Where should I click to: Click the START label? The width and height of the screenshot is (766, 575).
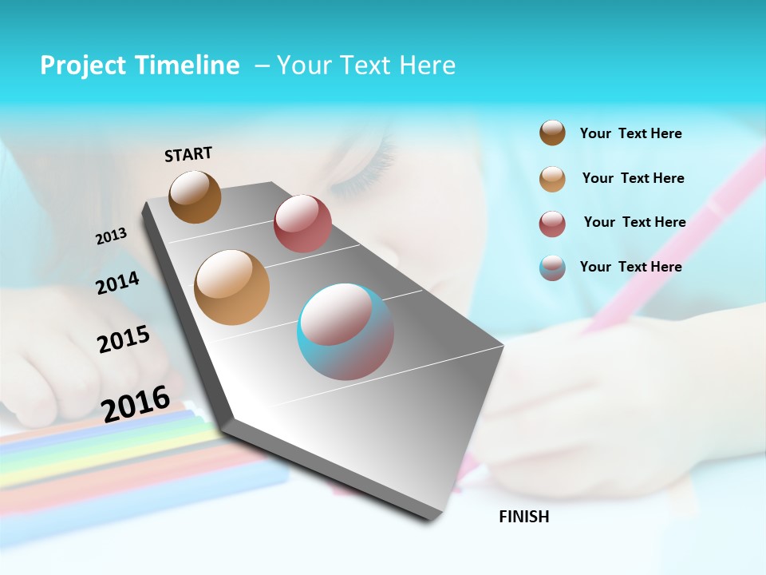[x=188, y=154]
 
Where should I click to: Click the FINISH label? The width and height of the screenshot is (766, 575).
[x=524, y=517]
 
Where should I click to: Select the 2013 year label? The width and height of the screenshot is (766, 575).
[x=112, y=236]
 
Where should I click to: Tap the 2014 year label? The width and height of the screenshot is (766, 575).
[x=117, y=283]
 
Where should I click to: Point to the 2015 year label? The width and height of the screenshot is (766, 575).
[x=124, y=339]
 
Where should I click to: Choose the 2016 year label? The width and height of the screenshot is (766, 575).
[x=136, y=403]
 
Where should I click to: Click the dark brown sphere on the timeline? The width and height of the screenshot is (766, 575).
[x=195, y=196]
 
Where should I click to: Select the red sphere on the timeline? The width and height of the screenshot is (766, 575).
[x=302, y=224]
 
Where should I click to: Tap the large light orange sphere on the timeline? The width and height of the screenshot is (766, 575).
[x=232, y=287]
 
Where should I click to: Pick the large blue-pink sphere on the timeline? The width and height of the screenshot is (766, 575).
[x=345, y=331]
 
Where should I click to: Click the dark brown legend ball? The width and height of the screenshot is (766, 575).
[x=552, y=133]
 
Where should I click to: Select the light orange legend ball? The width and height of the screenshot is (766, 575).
[x=552, y=179]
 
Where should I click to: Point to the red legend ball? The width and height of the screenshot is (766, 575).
[x=552, y=224]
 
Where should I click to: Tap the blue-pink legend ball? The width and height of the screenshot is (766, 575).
[x=552, y=268]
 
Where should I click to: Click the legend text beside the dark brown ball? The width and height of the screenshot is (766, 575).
[x=630, y=133]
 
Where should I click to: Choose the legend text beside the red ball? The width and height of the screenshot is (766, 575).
[x=634, y=222]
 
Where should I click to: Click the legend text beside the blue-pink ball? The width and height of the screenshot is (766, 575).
[x=630, y=267]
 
